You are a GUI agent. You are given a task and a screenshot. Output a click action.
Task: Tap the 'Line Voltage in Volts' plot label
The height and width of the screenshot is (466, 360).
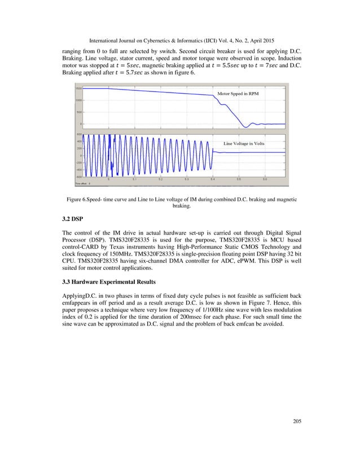click(244, 143)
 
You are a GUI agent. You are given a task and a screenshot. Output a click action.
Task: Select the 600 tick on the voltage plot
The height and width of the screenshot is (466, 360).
click(78, 134)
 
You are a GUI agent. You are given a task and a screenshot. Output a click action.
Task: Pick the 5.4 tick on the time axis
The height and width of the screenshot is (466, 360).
click(213, 179)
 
